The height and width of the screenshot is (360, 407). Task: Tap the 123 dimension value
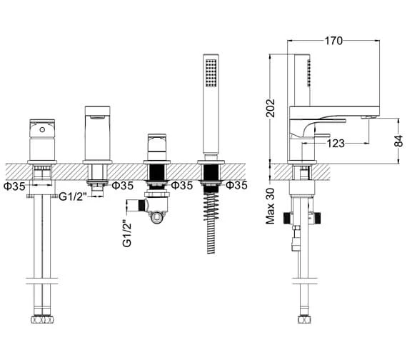click(x=337, y=144)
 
